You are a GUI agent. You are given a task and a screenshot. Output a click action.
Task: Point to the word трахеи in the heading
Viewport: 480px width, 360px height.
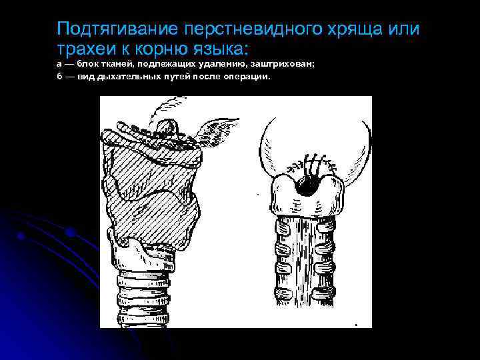coord(83,48)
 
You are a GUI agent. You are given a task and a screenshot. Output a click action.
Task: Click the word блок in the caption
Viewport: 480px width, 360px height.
coord(89,64)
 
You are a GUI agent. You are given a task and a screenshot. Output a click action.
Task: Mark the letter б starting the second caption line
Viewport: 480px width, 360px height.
coord(60,77)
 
